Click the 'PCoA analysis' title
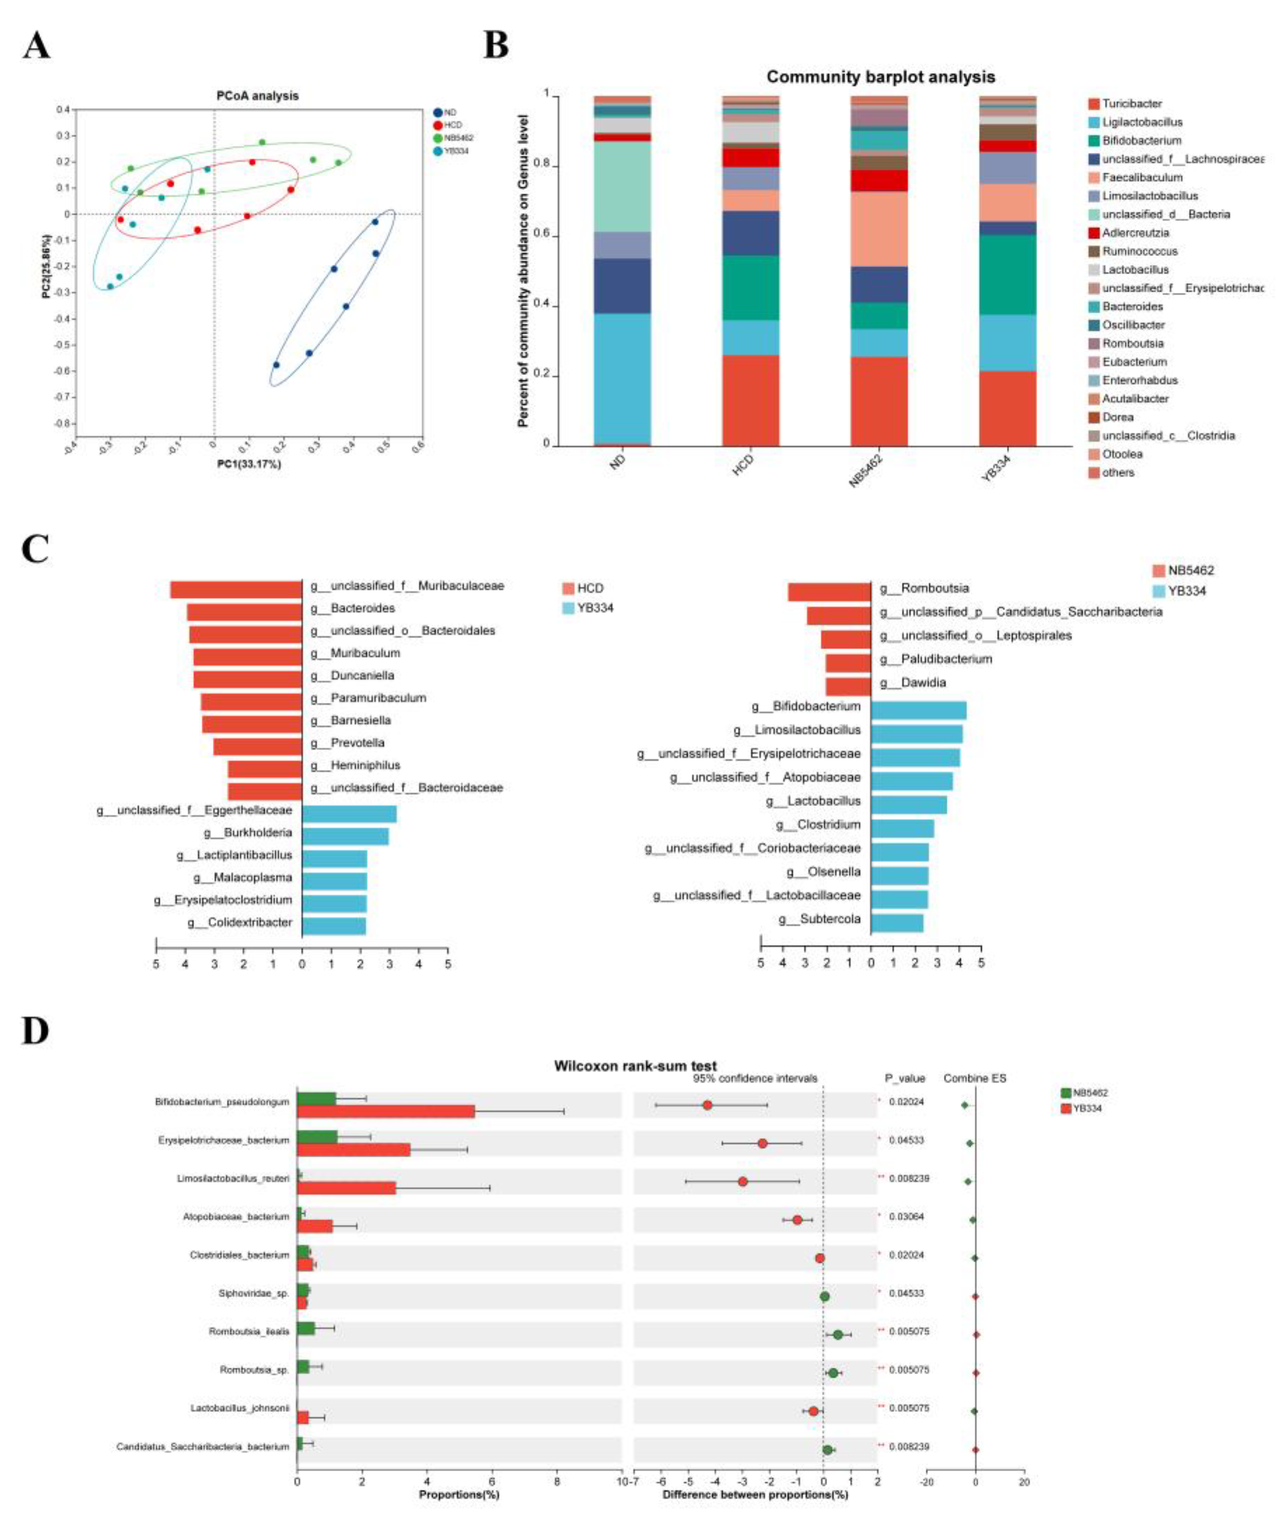click(258, 96)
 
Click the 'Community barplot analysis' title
click(880, 77)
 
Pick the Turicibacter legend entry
click(1131, 104)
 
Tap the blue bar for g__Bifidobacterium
click(918, 710)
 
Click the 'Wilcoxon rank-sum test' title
click(635, 1066)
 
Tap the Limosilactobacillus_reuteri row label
click(233, 1178)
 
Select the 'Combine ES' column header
click(975, 1079)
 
